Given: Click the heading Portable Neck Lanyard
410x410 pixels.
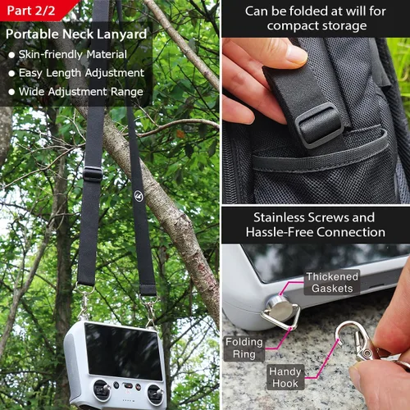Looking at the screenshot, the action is (x=76, y=34).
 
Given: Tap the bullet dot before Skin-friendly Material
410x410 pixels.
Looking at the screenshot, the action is (x=11, y=55).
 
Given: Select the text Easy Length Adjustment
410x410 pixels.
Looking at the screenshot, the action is (x=81, y=73).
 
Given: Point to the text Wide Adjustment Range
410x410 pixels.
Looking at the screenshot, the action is (x=81, y=92).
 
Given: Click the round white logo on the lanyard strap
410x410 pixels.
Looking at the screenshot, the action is (x=139, y=196).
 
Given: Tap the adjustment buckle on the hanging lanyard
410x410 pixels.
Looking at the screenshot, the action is (x=93, y=174).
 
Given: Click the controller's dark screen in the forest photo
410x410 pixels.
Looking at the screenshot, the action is (x=124, y=351).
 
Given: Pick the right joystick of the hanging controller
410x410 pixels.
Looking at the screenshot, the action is (x=156, y=394).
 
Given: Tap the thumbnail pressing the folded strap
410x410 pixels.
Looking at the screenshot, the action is (x=296, y=52).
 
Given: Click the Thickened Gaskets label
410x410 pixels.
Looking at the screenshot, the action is (x=332, y=282).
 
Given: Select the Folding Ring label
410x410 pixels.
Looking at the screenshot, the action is (x=244, y=348).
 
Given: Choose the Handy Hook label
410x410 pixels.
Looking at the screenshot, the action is (x=285, y=377).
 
